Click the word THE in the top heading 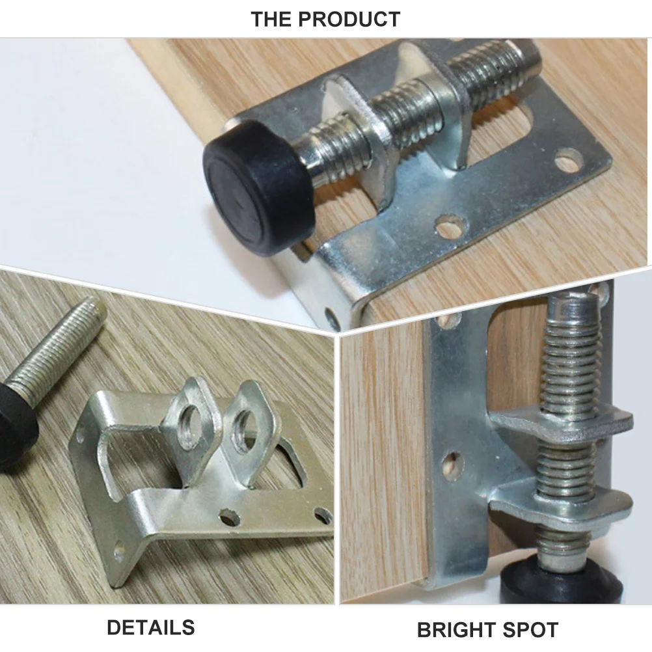[273, 19]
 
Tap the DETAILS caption [150, 627]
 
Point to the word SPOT [531, 630]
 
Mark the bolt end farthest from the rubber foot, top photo [527, 55]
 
